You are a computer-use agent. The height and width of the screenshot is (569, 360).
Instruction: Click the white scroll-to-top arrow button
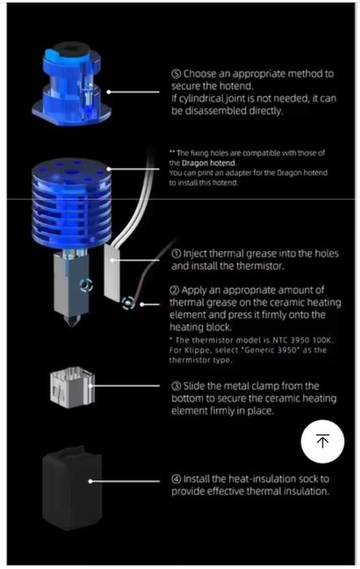pos(323,441)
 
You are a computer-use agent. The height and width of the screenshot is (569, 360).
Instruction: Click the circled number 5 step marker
pos(176,73)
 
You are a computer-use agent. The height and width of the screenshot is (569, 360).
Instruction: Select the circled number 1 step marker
pos(176,254)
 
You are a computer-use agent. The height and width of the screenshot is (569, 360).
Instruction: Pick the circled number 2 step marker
pos(176,290)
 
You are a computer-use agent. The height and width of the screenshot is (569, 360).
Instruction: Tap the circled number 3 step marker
pos(176,385)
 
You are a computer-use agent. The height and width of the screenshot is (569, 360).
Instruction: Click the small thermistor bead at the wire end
pos(127,305)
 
